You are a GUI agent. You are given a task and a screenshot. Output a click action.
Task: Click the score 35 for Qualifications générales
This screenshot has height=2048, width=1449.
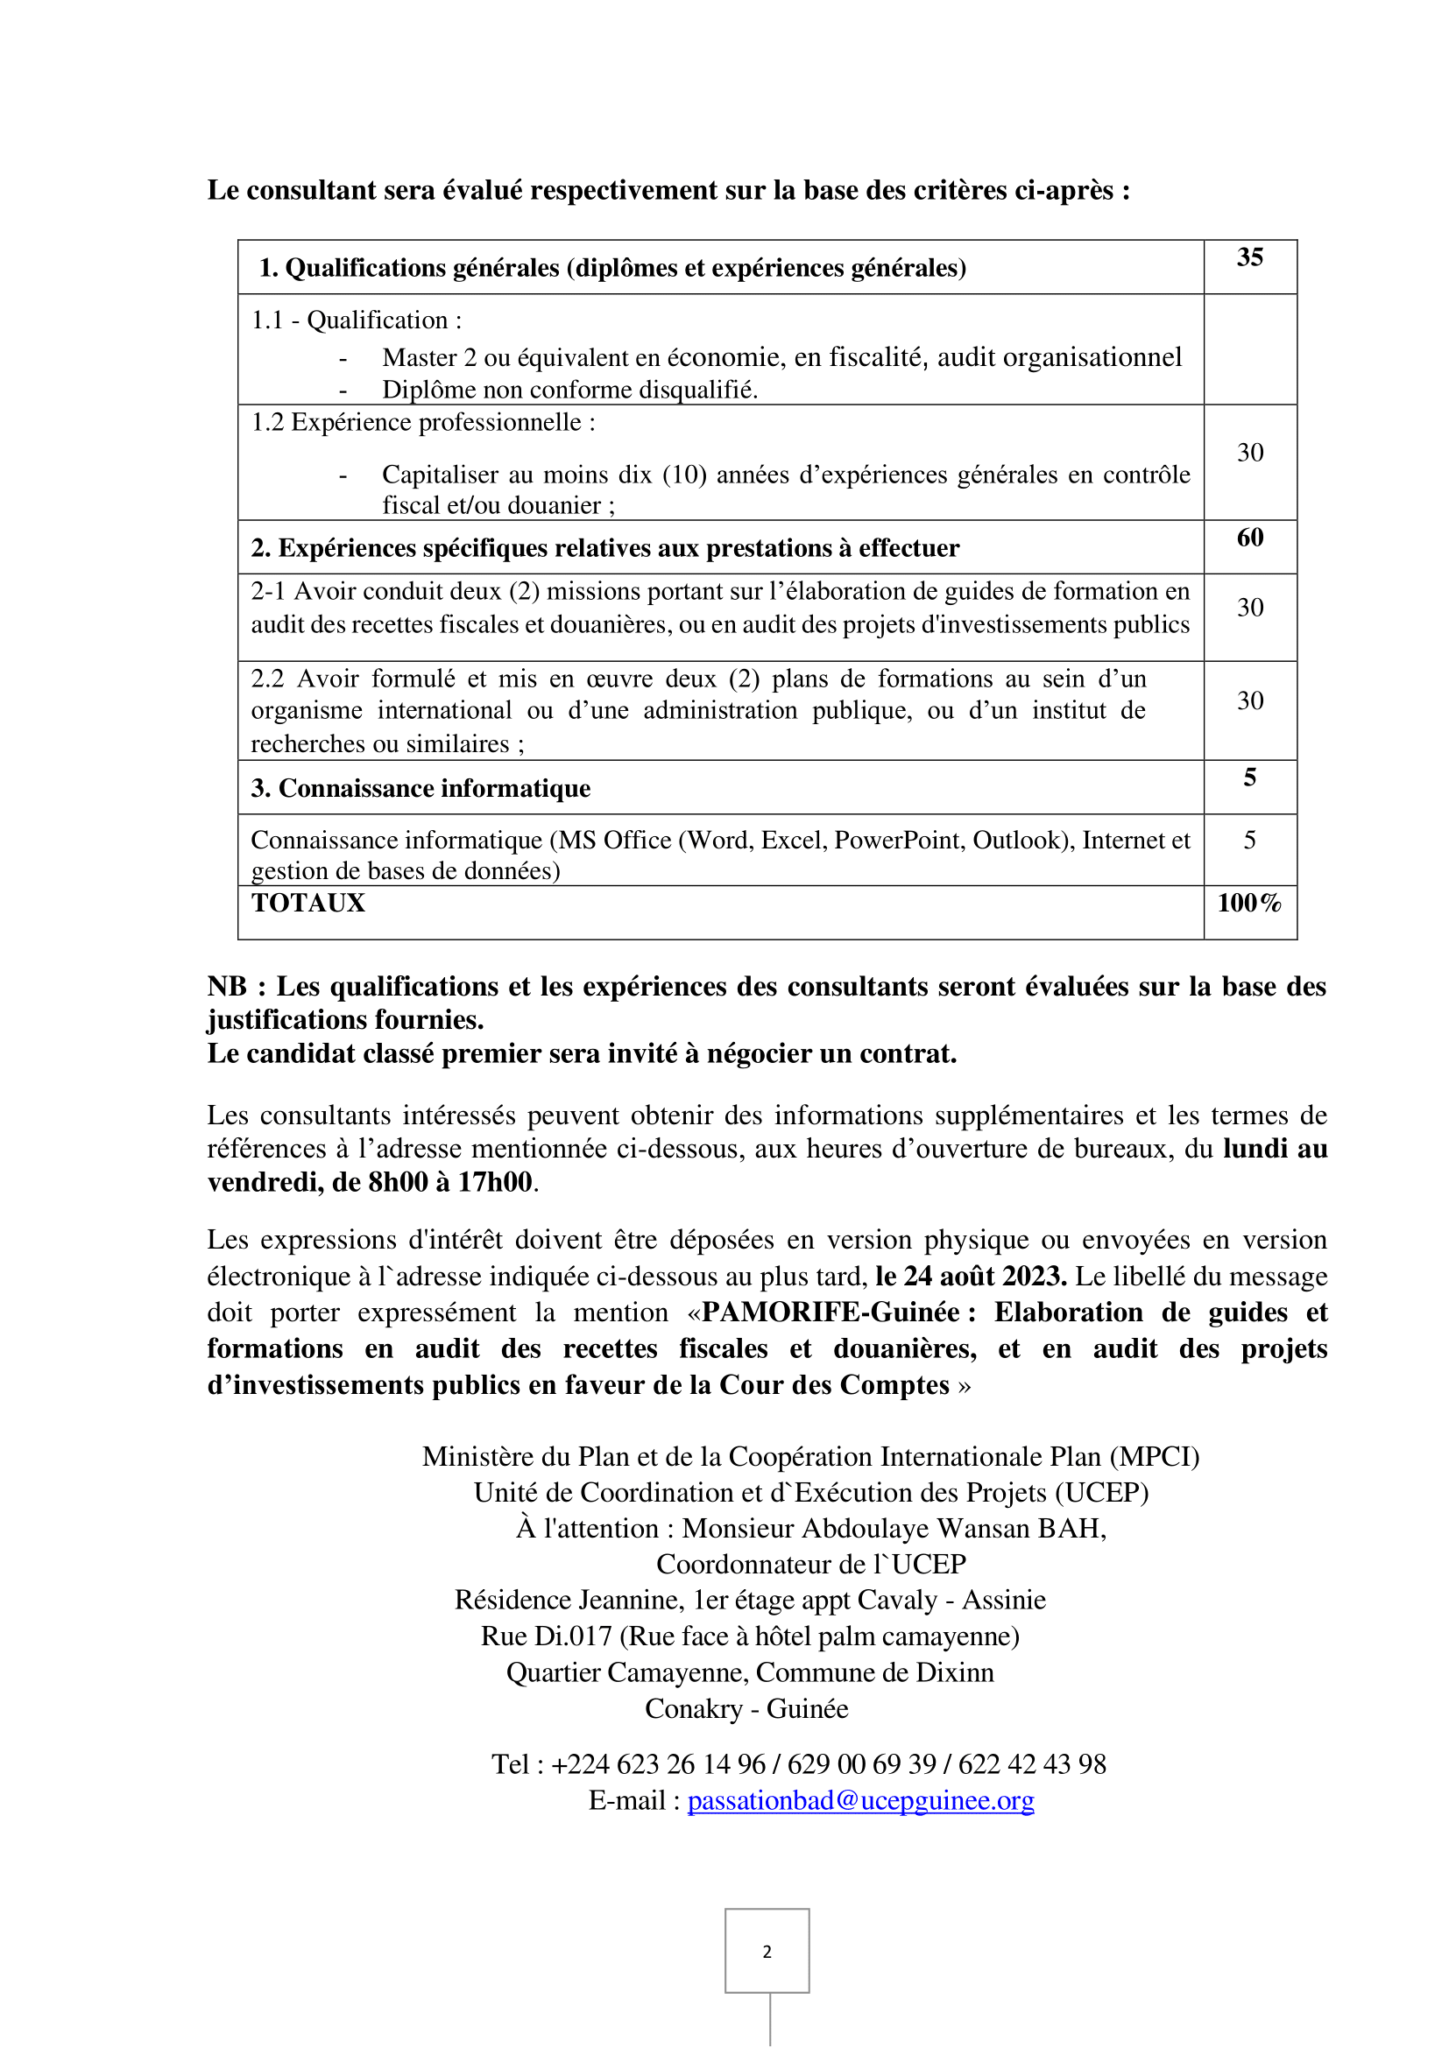pos(1249,257)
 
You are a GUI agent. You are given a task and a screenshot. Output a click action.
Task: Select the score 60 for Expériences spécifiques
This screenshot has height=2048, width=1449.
pos(1249,538)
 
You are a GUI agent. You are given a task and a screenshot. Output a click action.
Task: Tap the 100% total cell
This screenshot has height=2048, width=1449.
pos(1249,903)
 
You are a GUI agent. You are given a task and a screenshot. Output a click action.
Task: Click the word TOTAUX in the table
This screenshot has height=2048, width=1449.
pos(307,903)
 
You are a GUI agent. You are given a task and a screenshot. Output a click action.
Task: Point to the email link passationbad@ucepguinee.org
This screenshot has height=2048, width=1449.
pos(860,1800)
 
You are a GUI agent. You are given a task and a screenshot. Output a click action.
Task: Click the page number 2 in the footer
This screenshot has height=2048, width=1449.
pos(767,1952)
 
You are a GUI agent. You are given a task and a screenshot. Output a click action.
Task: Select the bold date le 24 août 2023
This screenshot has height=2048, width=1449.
pos(971,1277)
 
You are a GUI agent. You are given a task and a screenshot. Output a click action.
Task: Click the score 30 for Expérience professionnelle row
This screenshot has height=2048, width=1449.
pos(1249,454)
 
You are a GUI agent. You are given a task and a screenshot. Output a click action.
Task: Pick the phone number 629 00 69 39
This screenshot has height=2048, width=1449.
pos(861,1763)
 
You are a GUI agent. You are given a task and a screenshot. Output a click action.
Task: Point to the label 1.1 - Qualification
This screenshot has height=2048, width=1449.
pos(356,320)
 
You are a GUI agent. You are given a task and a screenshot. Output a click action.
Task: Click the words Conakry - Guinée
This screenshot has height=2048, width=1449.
pos(746,1708)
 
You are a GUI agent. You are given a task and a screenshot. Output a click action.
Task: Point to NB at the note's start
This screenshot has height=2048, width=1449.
pos(227,987)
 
